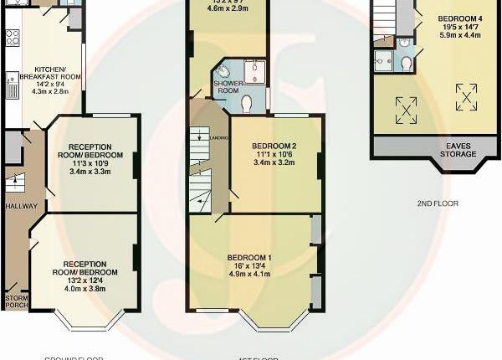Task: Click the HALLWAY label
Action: (17, 204)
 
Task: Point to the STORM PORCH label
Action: (17, 301)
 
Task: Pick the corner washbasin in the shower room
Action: (222, 69)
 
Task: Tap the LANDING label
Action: (219, 137)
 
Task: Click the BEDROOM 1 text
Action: (253, 257)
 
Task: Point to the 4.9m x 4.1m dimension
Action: (253, 275)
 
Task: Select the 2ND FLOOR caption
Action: (436, 203)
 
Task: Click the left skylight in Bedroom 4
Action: (406, 106)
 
